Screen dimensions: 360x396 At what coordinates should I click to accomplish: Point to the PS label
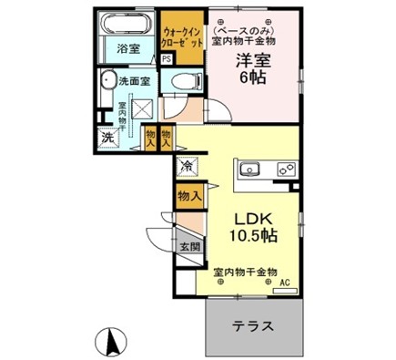pyautogui.click(x=167, y=59)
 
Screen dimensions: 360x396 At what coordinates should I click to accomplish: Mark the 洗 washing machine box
pyautogui.click(x=107, y=139)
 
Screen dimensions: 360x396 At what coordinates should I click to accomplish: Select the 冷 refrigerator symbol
pyautogui.click(x=186, y=166)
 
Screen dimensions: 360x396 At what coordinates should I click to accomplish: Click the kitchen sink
pyautogui.click(x=250, y=169)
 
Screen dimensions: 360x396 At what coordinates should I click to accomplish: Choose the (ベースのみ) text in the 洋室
pyautogui.click(x=247, y=27)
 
